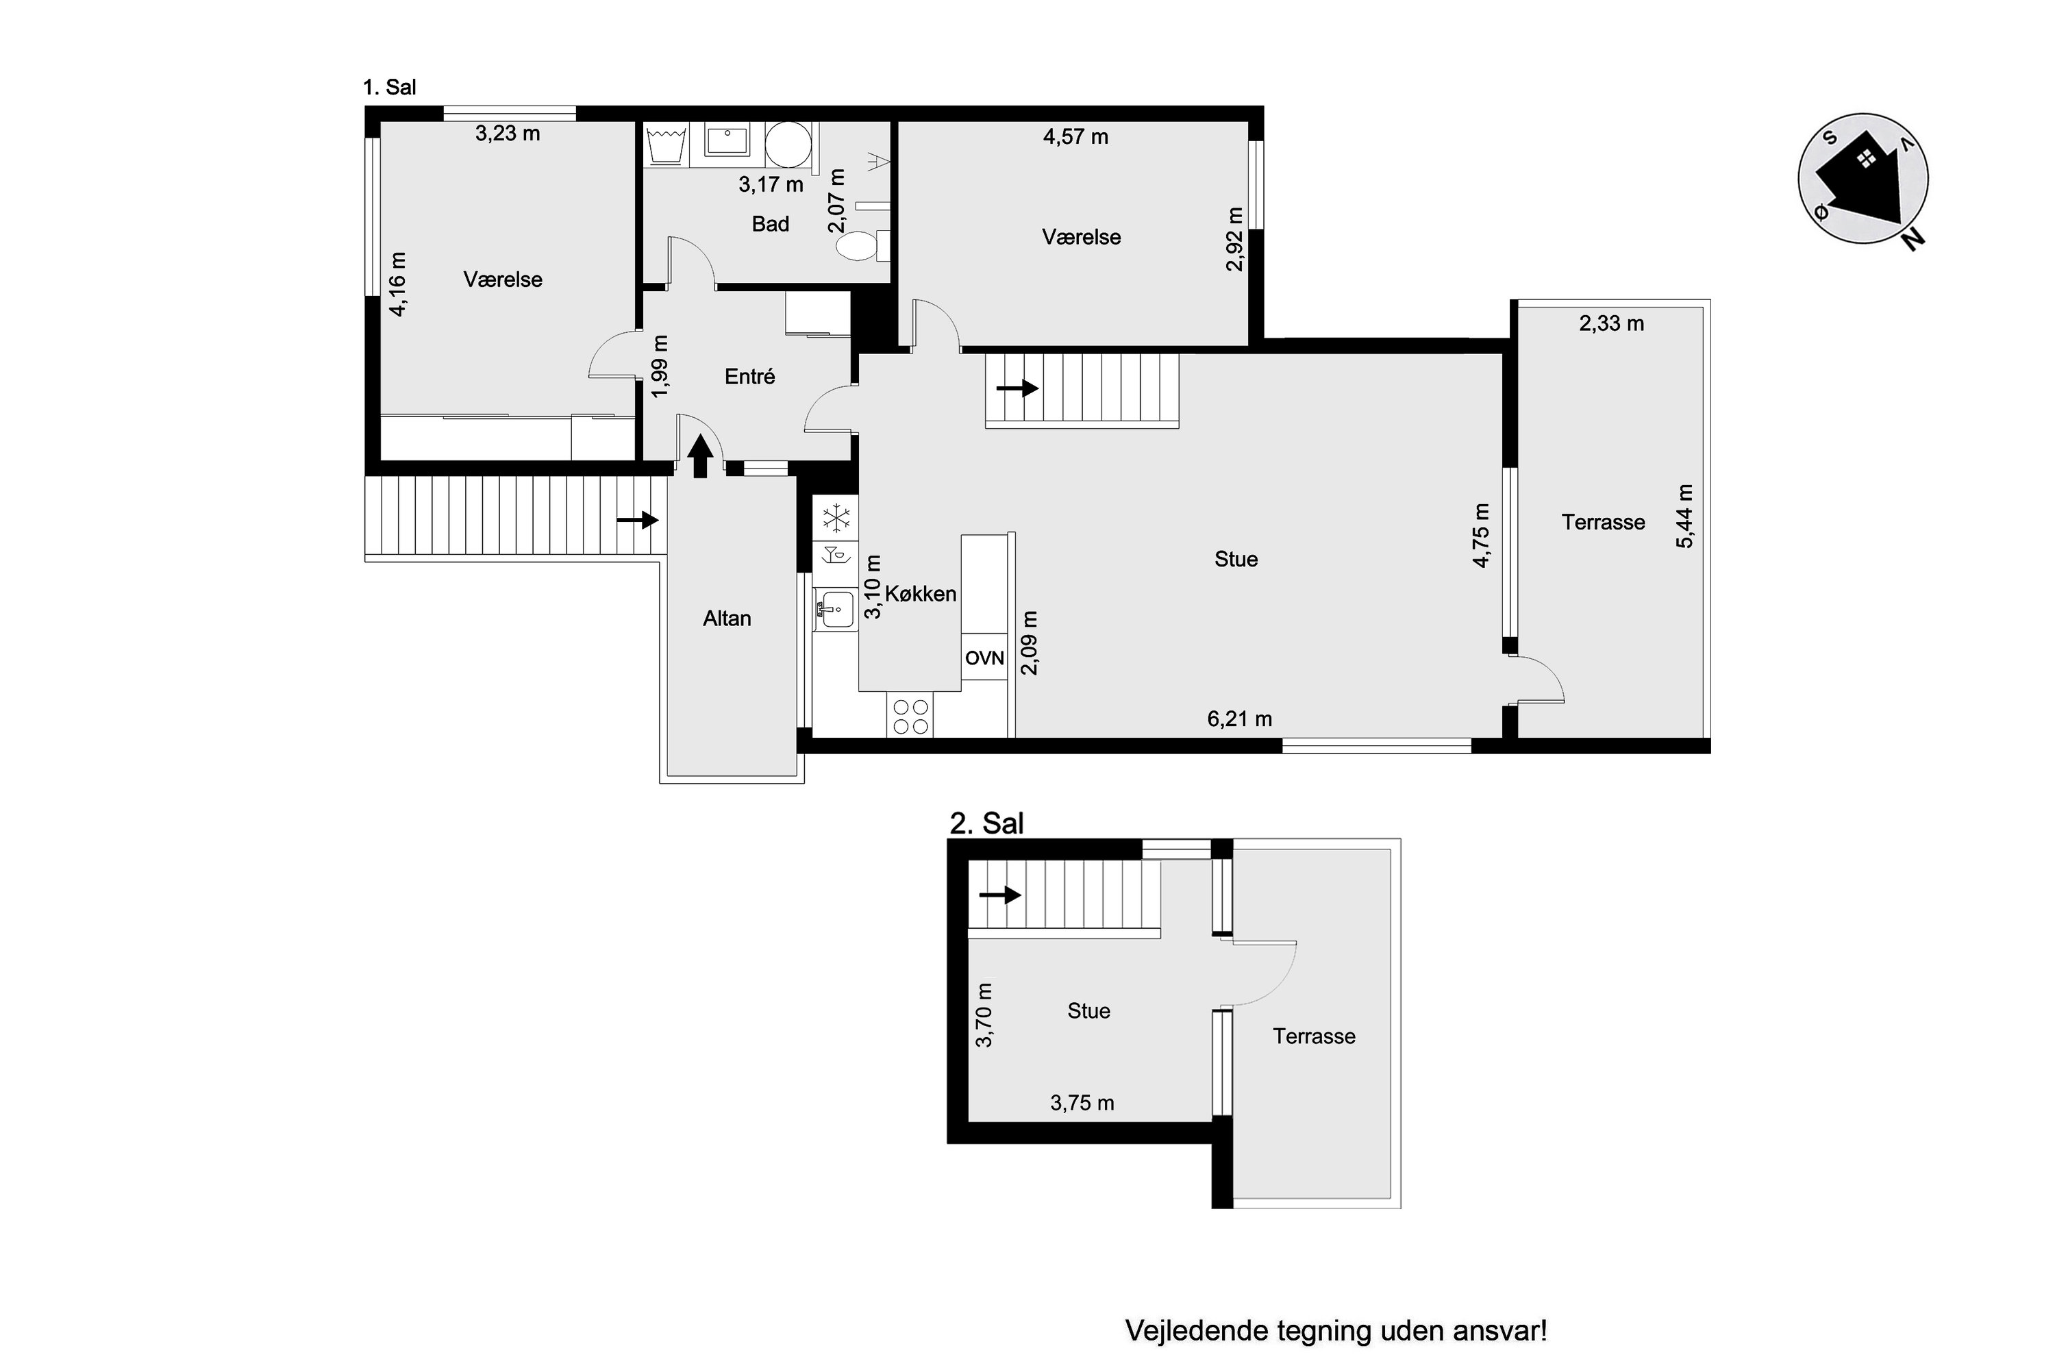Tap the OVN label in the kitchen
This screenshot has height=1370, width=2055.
tap(985, 658)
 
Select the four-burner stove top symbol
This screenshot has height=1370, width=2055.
tap(910, 716)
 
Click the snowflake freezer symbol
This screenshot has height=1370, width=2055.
tap(836, 518)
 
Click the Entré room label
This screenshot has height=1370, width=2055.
tap(749, 377)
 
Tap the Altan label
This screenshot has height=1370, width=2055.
tap(727, 619)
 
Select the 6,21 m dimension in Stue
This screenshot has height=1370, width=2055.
tap(1239, 719)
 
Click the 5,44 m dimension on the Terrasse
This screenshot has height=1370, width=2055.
tap(1684, 516)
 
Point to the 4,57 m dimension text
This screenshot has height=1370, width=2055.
tap(1075, 137)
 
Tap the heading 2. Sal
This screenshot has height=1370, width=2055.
tap(986, 823)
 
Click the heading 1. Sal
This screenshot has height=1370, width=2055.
tap(390, 88)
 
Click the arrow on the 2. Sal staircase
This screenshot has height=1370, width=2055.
tap(999, 895)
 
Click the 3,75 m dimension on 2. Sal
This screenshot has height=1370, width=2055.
tap(1082, 1104)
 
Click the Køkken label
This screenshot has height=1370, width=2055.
tap(921, 594)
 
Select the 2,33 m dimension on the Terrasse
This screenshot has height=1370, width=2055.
tap(1611, 324)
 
